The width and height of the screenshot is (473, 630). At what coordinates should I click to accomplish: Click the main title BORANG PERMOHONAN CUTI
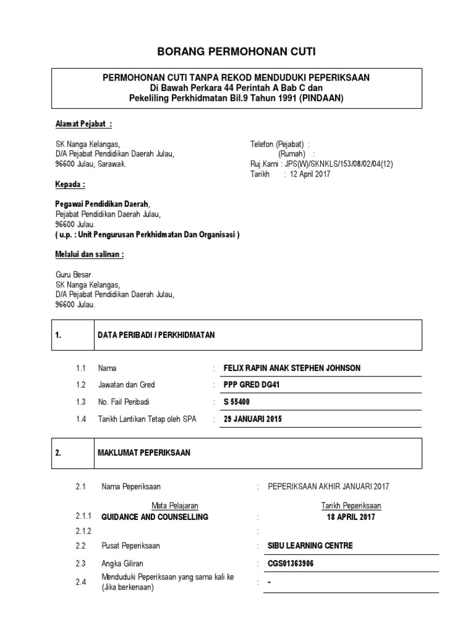click(236, 51)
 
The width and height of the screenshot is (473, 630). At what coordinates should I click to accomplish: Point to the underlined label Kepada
click(70, 184)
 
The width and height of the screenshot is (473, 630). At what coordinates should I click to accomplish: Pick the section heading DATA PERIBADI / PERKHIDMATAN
click(156, 335)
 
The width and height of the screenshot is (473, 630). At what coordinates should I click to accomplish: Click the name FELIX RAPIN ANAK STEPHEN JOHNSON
click(293, 368)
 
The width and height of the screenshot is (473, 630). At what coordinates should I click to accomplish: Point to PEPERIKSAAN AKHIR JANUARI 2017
click(328, 486)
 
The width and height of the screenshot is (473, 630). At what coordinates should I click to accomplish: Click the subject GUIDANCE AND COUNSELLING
click(155, 517)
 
